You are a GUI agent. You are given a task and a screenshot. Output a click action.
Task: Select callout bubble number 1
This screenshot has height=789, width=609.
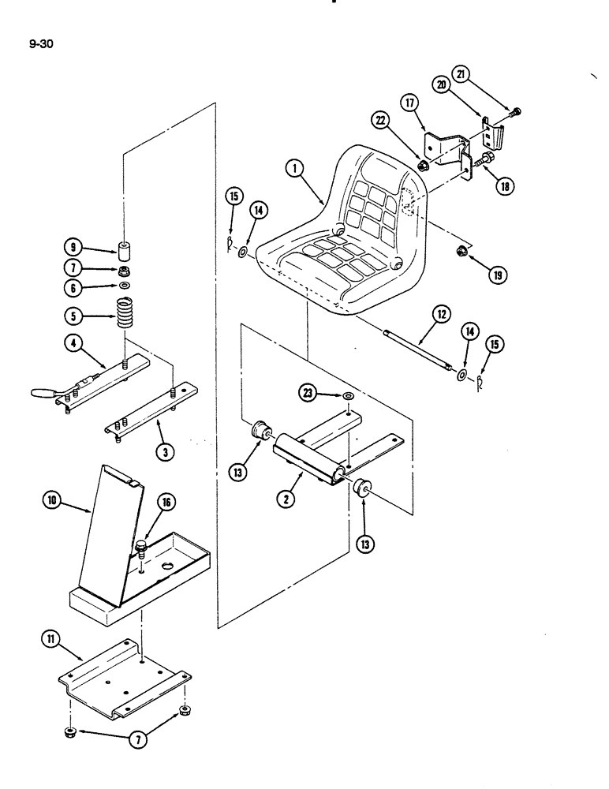pyautogui.click(x=293, y=169)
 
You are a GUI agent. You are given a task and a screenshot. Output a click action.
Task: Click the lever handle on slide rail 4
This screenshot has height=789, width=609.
pyautogui.click(x=41, y=391)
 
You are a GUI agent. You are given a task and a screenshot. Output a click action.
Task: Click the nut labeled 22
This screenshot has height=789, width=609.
pyautogui.click(x=423, y=166)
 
